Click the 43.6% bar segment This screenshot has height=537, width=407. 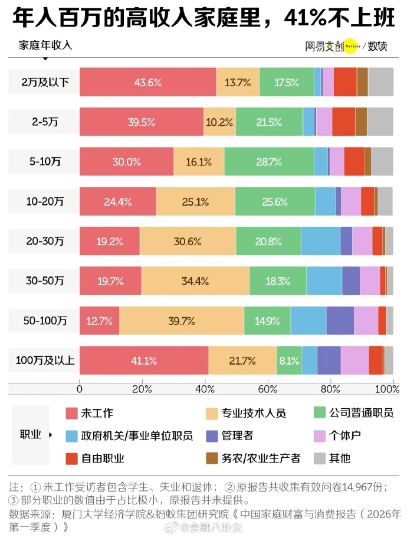(147, 82)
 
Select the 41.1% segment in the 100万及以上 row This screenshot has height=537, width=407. (144, 360)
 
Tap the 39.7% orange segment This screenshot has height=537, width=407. (182, 321)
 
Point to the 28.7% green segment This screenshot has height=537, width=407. (269, 162)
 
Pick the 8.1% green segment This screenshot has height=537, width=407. (289, 360)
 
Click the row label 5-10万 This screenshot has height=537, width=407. (45, 162)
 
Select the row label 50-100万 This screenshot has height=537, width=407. (45, 321)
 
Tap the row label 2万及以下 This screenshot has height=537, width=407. (45, 82)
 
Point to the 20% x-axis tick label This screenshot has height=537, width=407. (142, 389)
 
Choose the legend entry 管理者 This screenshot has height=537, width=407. (229, 435)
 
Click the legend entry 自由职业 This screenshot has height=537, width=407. (95, 458)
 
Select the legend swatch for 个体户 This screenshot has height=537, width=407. (320, 436)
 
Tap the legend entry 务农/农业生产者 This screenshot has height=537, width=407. (253, 458)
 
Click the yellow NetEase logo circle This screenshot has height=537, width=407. (350, 45)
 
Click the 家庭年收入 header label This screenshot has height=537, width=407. (45, 45)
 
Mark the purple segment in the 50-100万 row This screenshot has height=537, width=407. (340, 321)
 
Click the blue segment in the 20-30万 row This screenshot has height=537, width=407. (321, 241)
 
